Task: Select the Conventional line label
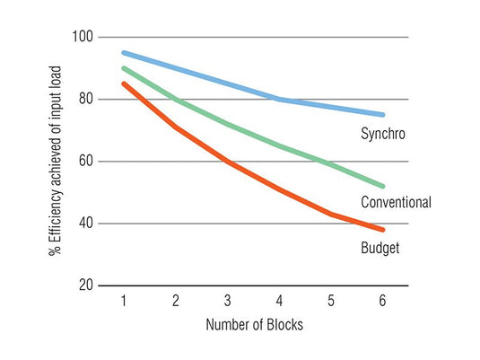[x=396, y=202]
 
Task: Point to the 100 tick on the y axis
[x=83, y=37]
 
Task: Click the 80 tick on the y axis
[x=85, y=99]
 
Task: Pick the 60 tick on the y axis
[x=85, y=162]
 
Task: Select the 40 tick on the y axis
[x=85, y=224]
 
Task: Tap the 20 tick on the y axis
[x=85, y=285]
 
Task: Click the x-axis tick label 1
[x=123, y=301]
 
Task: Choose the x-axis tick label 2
[x=175, y=301]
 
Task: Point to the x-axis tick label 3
[x=227, y=301]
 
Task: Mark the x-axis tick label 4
[x=279, y=301]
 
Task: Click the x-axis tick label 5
[x=331, y=301]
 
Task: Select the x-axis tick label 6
[x=383, y=301]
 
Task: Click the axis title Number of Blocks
[x=254, y=325]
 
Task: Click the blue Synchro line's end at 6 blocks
[x=383, y=115]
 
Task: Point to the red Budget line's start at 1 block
[x=123, y=83]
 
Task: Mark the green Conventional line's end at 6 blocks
[x=383, y=186]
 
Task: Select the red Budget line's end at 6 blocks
[x=383, y=230]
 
